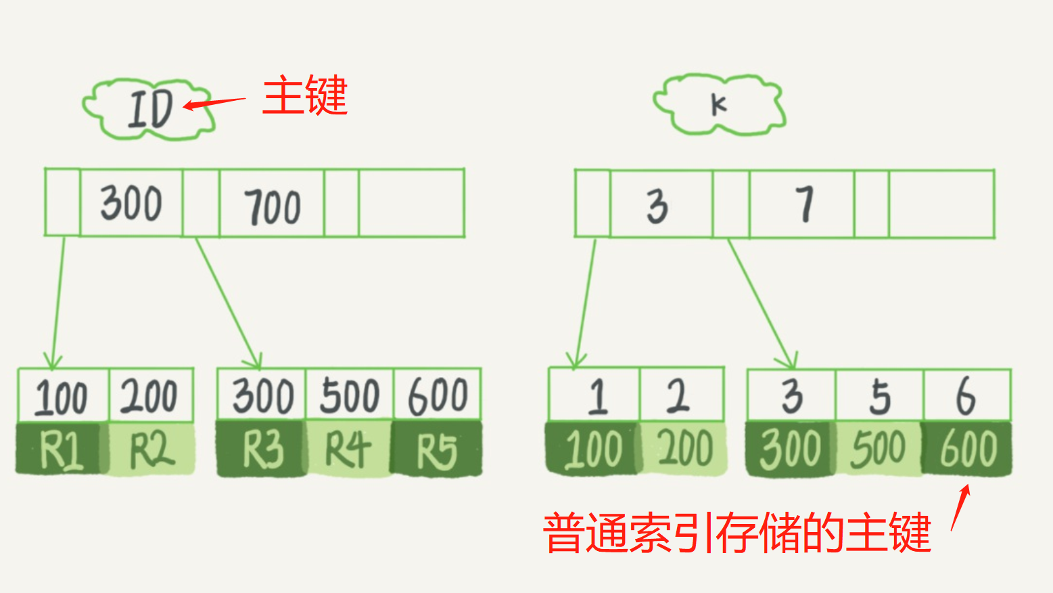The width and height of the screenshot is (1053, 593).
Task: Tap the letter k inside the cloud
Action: click(x=718, y=105)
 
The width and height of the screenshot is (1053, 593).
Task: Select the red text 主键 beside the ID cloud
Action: click(x=305, y=95)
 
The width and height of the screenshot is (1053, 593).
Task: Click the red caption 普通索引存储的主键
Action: click(x=737, y=533)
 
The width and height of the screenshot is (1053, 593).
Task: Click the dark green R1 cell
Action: click(x=62, y=449)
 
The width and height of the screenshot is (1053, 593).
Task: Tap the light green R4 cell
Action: click(x=348, y=449)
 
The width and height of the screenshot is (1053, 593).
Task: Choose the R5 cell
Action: click(x=437, y=449)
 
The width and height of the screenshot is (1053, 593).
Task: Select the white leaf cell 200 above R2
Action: click(x=150, y=396)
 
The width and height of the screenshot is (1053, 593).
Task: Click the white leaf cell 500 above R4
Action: click(x=349, y=396)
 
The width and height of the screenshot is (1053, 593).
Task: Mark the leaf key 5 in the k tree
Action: click(x=879, y=396)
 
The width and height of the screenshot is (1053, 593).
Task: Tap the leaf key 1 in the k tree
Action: click(x=596, y=396)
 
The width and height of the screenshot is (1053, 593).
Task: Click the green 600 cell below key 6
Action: click(x=968, y=449)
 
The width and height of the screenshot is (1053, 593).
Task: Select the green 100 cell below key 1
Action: click(x=593, y=449)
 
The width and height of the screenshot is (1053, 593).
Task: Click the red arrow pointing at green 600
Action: click(x=960, y=507)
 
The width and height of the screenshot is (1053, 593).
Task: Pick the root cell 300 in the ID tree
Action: click(x=131, y=203)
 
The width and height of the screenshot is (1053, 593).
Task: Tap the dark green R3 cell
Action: click(x=262, y=449)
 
